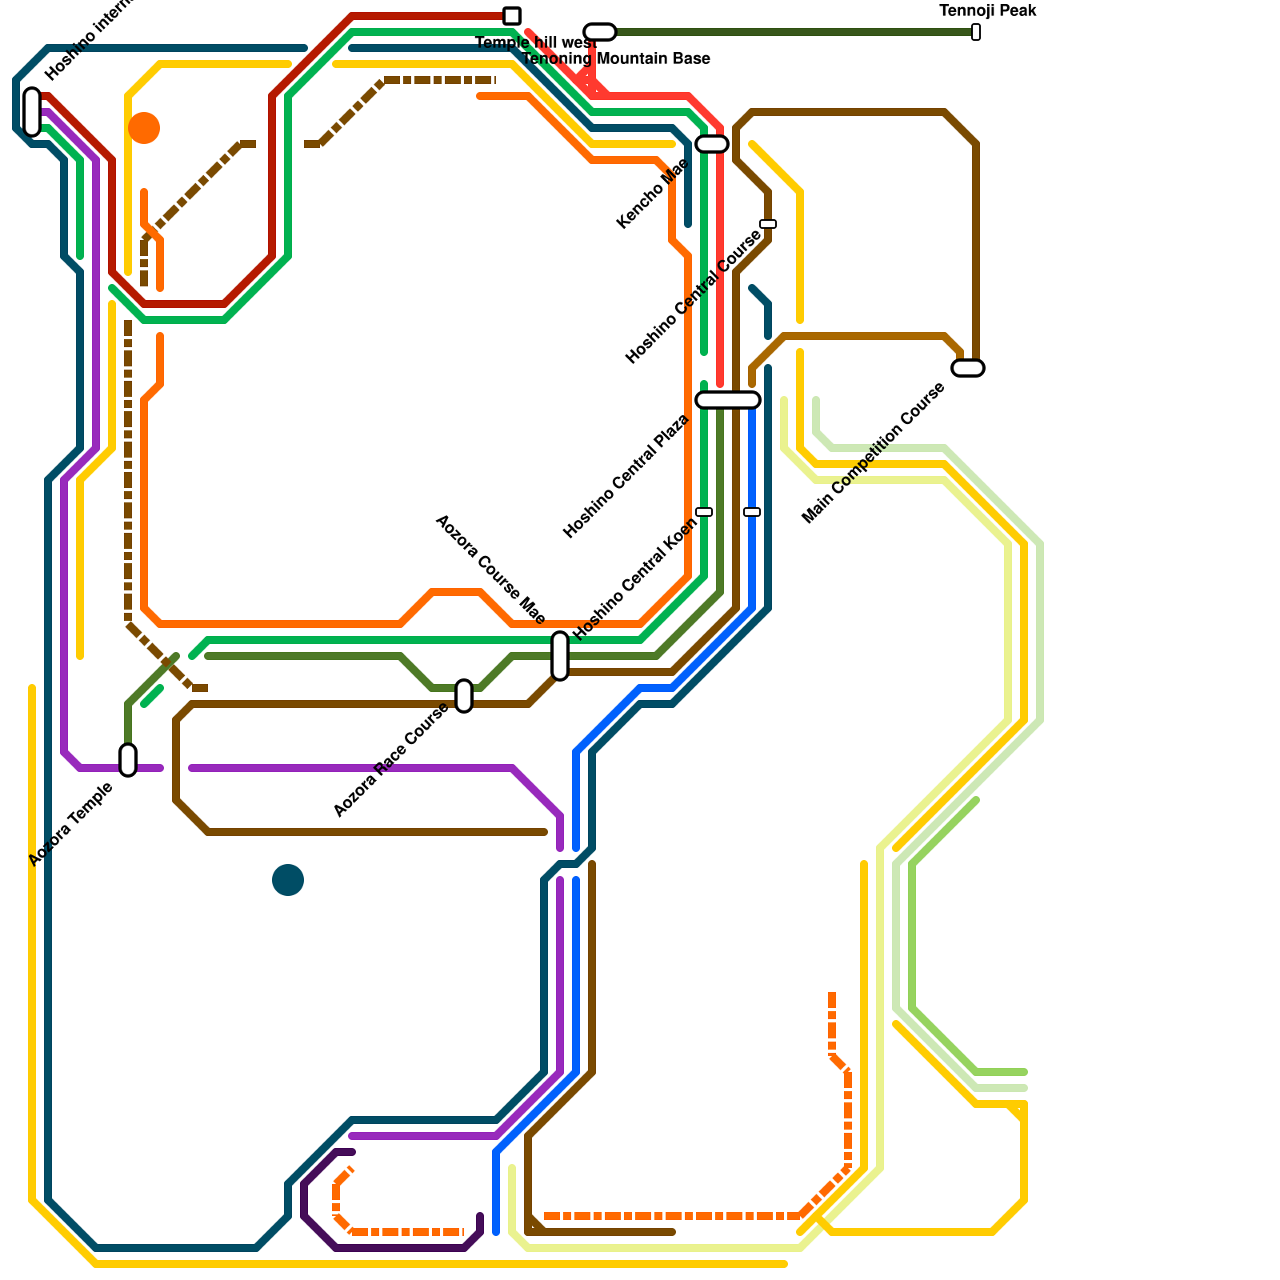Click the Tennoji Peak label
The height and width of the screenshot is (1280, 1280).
coord(988,11)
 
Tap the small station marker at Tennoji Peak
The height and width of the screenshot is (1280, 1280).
coord(976,32)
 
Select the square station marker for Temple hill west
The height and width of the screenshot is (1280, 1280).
coord(512,16)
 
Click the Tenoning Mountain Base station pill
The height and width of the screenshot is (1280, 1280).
coord(600,32)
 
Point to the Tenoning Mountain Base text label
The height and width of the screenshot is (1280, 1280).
coord(616,58)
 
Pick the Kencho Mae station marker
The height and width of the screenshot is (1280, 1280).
coord(712,144)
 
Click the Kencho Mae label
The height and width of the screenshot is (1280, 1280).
coord(652,194)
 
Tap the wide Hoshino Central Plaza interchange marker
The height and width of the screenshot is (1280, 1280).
coord(728,400)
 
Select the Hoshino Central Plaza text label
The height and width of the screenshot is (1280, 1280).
coord(626,477)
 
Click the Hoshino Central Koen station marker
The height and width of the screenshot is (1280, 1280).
coord(704,512)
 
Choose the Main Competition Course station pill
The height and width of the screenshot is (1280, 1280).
coord(968,368)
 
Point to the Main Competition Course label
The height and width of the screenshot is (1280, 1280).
coord(873,454)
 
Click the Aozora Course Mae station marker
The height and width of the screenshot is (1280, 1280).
coord(560,656)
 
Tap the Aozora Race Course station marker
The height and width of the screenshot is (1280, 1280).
coord(464,695)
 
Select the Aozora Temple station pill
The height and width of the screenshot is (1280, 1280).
coord(128,760)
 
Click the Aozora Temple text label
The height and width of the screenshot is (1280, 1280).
coord(70,825)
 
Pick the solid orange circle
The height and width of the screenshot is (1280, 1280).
coord(144,128)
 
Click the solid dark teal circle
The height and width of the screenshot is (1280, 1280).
coord(288,880)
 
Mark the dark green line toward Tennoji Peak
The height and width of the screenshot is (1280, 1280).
coord(792,32)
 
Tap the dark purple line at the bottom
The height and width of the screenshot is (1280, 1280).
coord(400,1248)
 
